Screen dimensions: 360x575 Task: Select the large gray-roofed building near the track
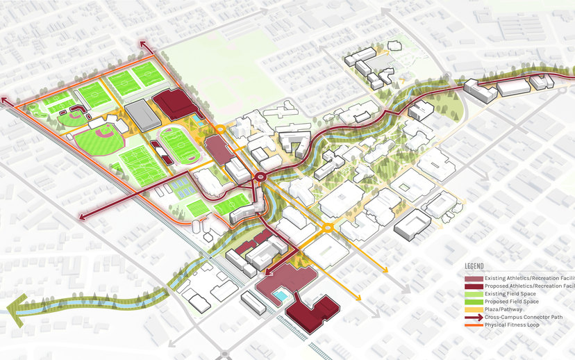pyautogui.click(x=142, y=114)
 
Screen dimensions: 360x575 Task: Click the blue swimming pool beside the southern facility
pyautogui.click(x=279, y=297)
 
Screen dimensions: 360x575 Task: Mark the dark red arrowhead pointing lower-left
pyautogui.click(x=83, y=218)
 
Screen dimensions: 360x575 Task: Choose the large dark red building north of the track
pyautogui.click(x=174, y=104)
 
